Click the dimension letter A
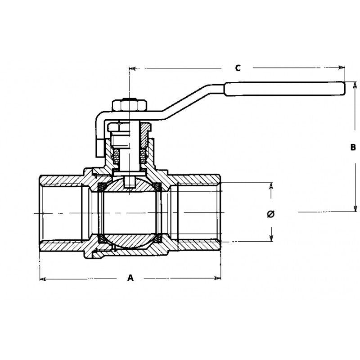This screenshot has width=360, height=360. pos(130,278)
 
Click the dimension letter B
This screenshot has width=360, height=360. pos(353,147)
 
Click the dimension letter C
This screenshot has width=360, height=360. pos(238,68)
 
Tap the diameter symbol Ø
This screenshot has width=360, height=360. pos(270,213)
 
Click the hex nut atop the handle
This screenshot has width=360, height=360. pos(129,106)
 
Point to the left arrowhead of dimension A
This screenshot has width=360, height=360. pos(43,279)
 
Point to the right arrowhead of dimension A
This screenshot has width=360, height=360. pos(218,279)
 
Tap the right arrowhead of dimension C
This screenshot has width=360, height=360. pos(342,68)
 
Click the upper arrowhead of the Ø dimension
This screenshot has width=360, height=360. pos(271,186)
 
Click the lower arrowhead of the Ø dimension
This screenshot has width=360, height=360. pos(271,238)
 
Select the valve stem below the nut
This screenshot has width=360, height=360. pos(129,148)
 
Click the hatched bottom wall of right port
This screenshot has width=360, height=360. pos(198,246)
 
